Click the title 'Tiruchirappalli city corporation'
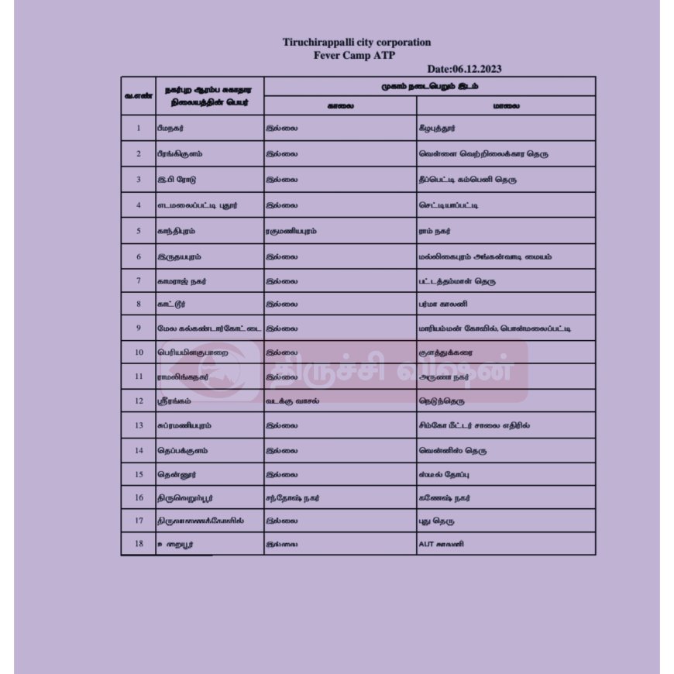coord(356,43)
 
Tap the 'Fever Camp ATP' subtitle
coord(354,55)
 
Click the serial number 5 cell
coord(138,231)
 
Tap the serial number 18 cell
coord(138,544)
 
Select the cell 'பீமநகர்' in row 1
coord(170,129)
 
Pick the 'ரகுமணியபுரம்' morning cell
coord(291,231)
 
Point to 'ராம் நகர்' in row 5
coord(434,231)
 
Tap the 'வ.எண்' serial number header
coord(138,96)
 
